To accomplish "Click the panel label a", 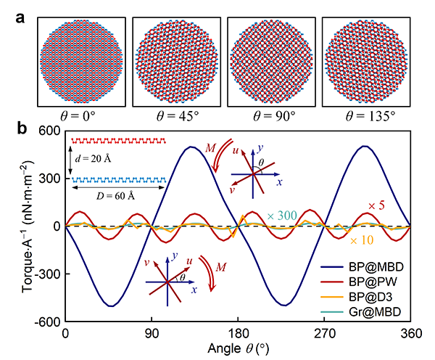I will [x=22, y=14].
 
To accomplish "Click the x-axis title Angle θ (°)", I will [x=238, y=349].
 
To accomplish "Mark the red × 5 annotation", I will [x=377, y=205].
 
